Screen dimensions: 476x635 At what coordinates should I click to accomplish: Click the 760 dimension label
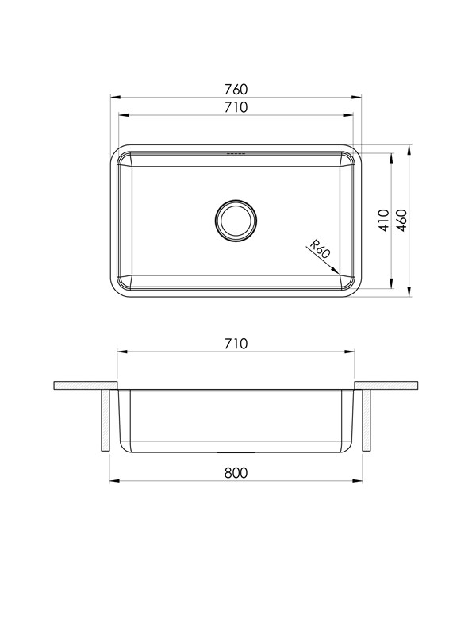tap(236, 89)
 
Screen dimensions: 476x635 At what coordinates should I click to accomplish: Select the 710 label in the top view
tap(236, 107)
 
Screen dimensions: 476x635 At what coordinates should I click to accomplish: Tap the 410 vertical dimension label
tap(384, 221)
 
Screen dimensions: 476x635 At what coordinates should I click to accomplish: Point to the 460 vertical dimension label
tap(401, 221)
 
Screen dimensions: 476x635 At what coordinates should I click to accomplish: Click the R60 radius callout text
tap(321, 249)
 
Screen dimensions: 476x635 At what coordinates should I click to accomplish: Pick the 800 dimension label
tap(236, 472)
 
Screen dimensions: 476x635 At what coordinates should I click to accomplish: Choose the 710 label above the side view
tap(236, 344)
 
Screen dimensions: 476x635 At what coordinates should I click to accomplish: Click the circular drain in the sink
tap(236, 221)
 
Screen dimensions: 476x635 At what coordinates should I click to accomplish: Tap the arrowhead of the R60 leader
tap(335, 271)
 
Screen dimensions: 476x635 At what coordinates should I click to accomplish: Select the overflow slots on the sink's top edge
tap(236, 154)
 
